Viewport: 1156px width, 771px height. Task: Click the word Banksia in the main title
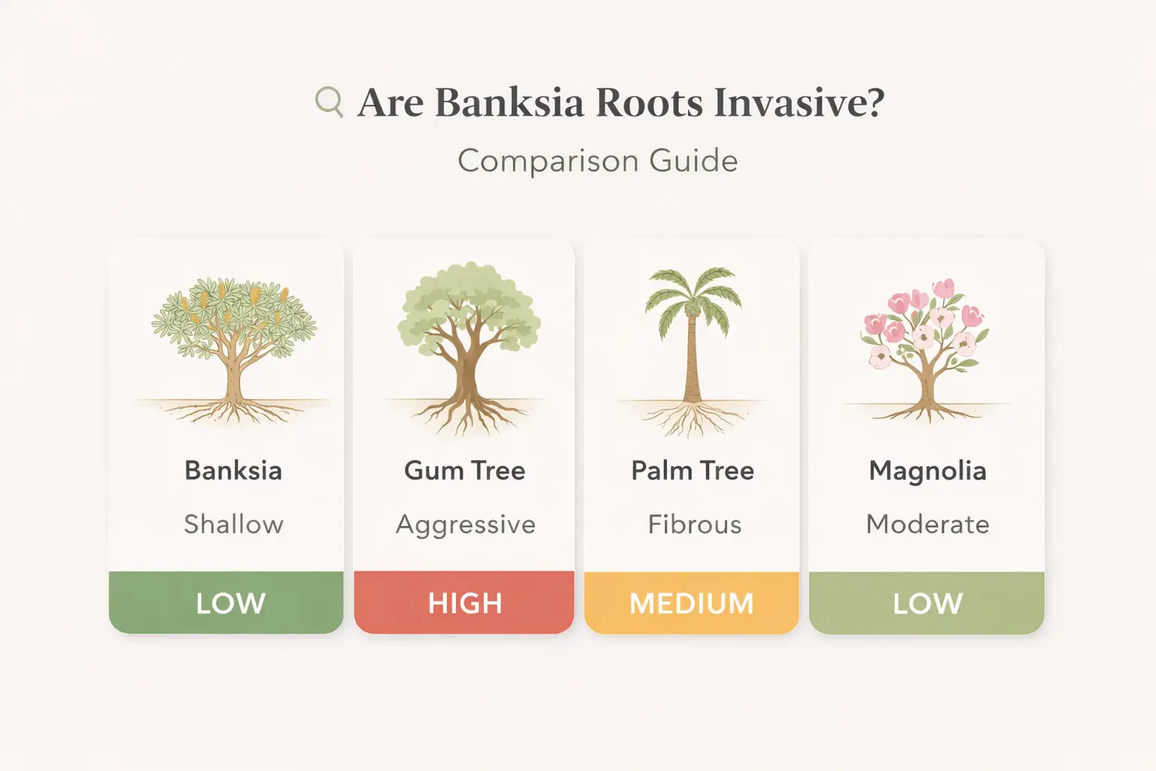pos(509,102)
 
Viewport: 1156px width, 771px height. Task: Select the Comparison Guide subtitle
pos(598,161)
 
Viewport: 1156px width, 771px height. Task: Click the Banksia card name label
pos(233,471)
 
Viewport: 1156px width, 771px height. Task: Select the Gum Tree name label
pos(464,471)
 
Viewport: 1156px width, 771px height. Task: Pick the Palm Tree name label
pos(692,471)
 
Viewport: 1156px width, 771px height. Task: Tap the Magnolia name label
pos(927,471)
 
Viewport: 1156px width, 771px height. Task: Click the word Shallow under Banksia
pos(233,524)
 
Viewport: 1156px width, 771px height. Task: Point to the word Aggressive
pos(465,525)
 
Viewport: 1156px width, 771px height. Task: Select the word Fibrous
pos(694,524)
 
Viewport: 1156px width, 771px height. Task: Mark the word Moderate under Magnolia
pos(927,524)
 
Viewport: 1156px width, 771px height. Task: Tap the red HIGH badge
pos(464,602)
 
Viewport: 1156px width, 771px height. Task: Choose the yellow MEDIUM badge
pos(692,602)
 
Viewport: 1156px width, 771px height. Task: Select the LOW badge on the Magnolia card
pos(927,602)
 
